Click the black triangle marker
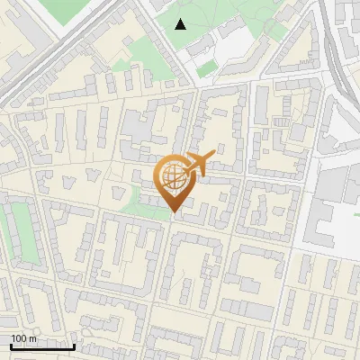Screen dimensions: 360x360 pyautogui.click(x=180, y=24)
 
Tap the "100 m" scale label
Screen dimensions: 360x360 pyautogui.click(x=24, y=337)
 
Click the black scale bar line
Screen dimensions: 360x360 pyautogui.click(x=42, y=346)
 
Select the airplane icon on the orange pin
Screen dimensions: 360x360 pyautogui.click(x=197, y=164)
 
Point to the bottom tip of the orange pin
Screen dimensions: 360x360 pyautogui.click(x=174, y=212)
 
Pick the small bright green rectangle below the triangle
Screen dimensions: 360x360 pyautogui.click(x=207, y=68)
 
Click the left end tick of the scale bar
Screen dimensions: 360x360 pyautogui.click(x=11, y=345)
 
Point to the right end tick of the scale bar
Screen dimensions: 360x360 pyautogui.click(x=74, y=345)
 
